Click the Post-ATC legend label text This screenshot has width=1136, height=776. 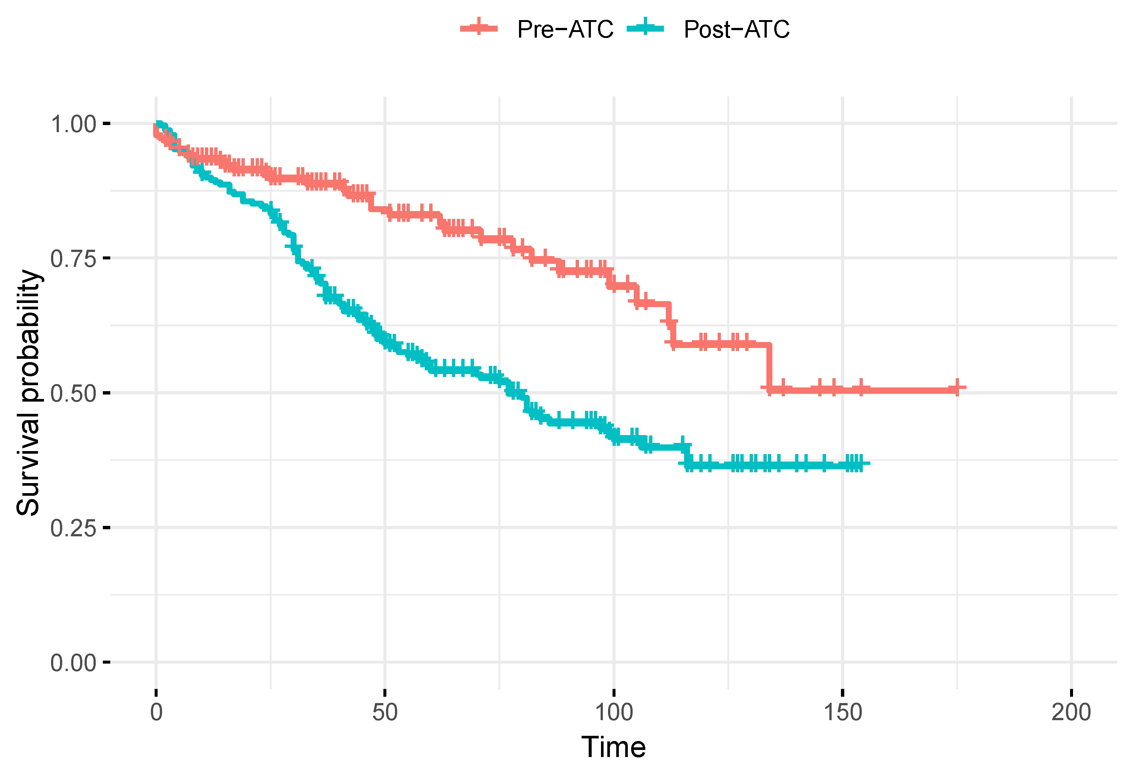pyautogui.click(x=736, y=29)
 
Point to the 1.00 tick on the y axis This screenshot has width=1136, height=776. pyautogui.click(x=73, y=124)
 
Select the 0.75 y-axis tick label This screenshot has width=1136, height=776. pyautogui.click(x=73, y=258)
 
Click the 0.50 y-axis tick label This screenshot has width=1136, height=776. pyautogui.click(x=73, y=393)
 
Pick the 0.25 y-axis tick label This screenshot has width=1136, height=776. pyautogui.click(x=73, y=528)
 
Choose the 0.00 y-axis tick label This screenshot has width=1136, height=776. pyautogui.click(x=73, y=663)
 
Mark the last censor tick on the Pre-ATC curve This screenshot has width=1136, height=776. pyautogui.click(x=957, y=387)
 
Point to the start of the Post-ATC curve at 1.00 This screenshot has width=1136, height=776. pyautogui.click(x=158, y=124)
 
